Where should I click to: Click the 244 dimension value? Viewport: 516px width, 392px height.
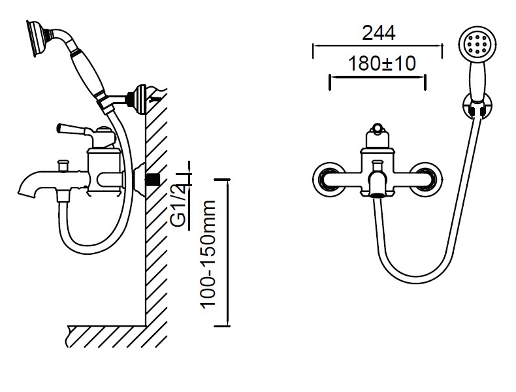(x=378, y=31)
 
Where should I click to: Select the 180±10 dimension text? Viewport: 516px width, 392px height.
(x=378, y=63)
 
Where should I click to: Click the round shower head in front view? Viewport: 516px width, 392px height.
(x=474, y=45)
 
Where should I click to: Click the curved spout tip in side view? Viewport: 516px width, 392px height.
(x=27, y=191)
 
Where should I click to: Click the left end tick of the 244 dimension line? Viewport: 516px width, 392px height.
(x=314, y=47)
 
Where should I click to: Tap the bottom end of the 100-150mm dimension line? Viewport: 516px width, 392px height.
(x=227, y=325)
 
